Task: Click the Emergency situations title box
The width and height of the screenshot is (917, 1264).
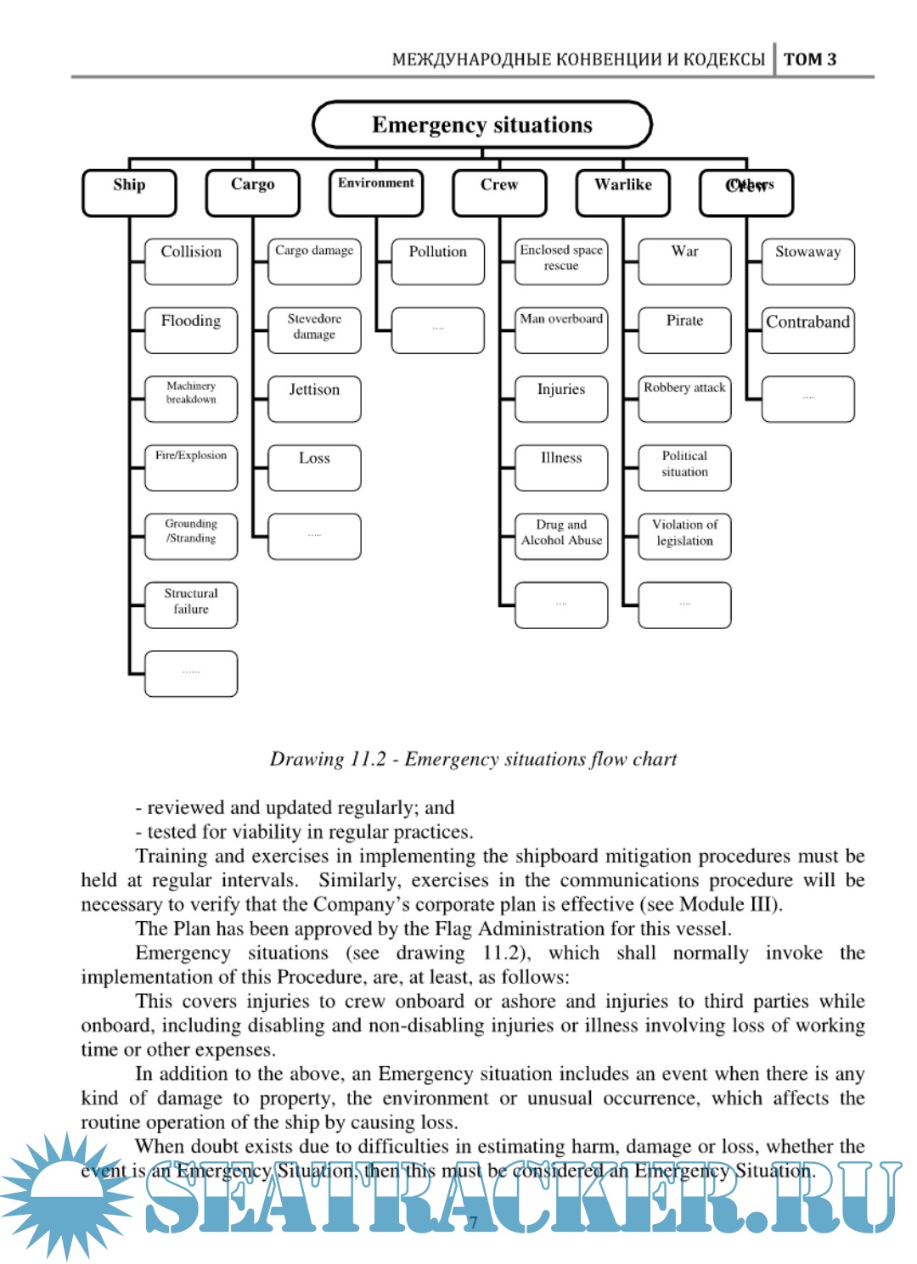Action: (482, 125)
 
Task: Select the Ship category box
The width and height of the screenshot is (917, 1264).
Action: (129, 192)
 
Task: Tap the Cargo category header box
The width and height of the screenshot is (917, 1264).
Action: (252, 192)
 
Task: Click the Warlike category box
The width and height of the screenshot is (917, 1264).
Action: (622, 192)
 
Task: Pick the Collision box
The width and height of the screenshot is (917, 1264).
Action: (191, 261)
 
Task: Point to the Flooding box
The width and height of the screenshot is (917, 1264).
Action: (191, 329)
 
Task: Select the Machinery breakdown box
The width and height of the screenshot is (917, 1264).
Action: (191, 398)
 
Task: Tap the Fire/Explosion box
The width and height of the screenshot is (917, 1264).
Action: (191, 467)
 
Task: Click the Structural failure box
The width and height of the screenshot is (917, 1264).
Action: (191, 604)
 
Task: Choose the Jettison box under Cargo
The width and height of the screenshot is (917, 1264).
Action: (314, 398)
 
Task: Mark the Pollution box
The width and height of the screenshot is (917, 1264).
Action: (437, 261)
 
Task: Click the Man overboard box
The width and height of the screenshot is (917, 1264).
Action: (561, 329)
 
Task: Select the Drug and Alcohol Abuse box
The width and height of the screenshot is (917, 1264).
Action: (561, 536)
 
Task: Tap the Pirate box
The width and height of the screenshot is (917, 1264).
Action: (684, 329)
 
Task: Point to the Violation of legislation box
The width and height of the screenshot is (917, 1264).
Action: (684, 536)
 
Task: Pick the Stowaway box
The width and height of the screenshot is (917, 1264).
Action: (807, 261)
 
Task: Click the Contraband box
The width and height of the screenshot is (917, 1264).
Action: (807, 329)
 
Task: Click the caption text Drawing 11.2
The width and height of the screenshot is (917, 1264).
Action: (473, 759)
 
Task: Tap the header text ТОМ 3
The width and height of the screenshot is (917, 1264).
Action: (809, 59)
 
